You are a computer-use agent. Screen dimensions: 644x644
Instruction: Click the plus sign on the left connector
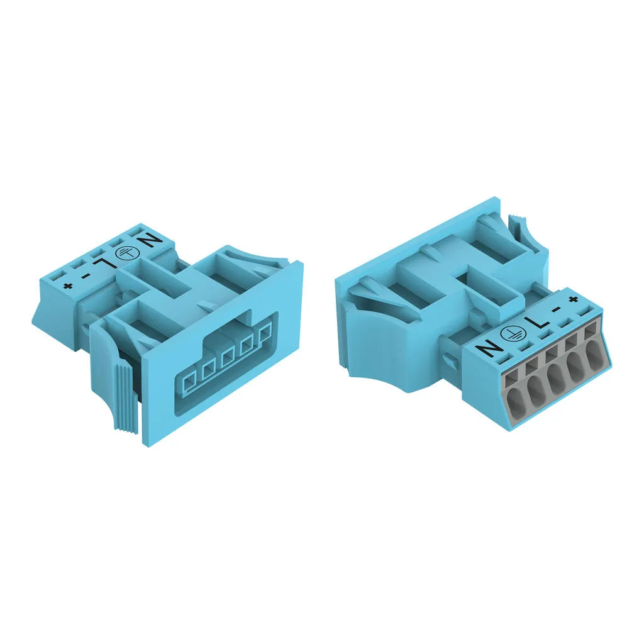[x=66, y=286]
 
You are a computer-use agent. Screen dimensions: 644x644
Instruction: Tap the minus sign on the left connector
[x=85, y=275]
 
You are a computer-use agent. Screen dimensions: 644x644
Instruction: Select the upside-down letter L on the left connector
[x=103, y=264]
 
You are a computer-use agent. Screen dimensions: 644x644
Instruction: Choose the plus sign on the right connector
[x=574, y=299]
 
